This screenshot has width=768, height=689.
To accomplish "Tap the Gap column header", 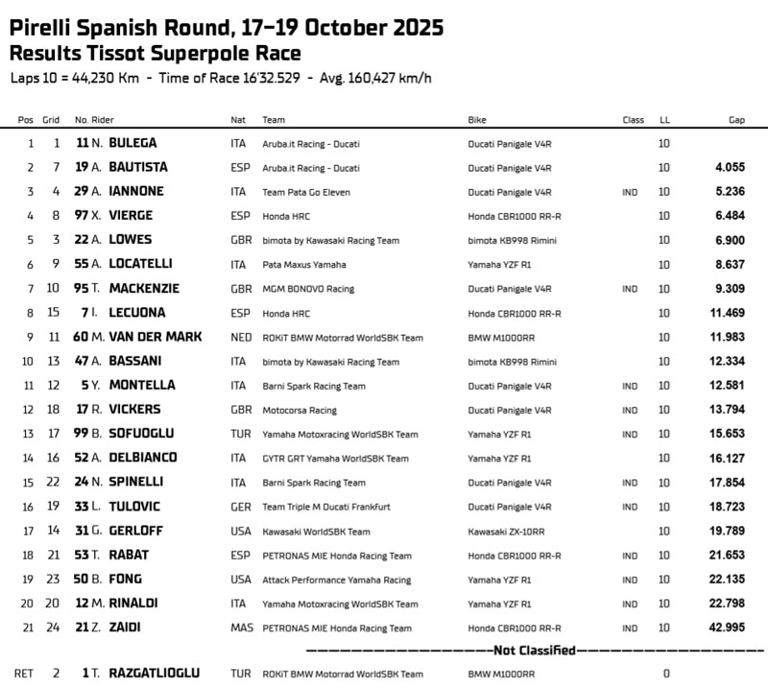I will tap(736, 120).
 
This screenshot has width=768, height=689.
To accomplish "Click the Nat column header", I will tap(237, 120).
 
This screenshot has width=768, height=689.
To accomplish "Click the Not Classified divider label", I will tap(521, 650).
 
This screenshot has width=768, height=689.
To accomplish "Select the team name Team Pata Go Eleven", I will tap(308, 192).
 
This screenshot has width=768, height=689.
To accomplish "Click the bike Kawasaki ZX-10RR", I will tap(506, 531).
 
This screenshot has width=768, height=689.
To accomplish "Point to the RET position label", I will tap(25, 674).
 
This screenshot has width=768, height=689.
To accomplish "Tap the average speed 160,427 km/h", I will tap(387, 78).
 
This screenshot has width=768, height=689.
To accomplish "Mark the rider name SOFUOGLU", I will tap(142, 434).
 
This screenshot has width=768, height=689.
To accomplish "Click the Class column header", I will tap(633, 120).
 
